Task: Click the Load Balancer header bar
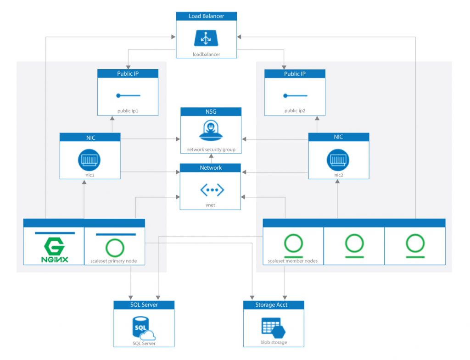coord(207,16)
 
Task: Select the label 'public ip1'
coord(128,111)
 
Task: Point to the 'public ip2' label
coord(295,111)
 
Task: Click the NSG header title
coord(211,111)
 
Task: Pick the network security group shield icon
coord(211,131)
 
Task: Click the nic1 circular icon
coord(90,160)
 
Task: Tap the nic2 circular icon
coord(338,160)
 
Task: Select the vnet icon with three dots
coord(210,189)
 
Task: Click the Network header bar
coord(210,168)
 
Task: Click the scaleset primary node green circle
coord(115,248)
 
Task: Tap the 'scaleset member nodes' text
coord(292,261)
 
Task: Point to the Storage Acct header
coord(274,305)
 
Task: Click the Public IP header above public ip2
coord(295,74)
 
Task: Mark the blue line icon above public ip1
coord(128,95)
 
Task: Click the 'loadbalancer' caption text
coord(207,55)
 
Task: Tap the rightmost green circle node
coord(415,243)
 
